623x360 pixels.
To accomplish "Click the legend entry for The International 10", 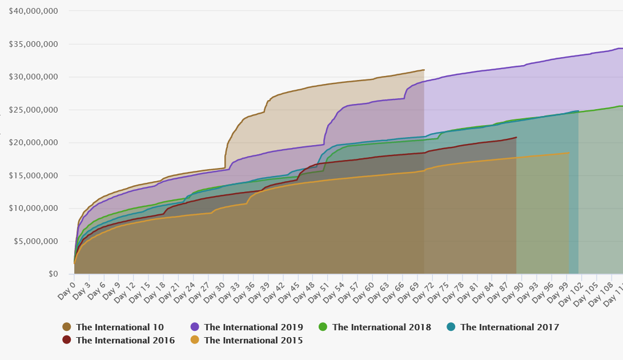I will coord(119,327).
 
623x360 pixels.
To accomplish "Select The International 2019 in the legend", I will coord(253,327).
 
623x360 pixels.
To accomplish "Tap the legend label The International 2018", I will coord(381,327).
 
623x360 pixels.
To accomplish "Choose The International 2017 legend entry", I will coord(509,327).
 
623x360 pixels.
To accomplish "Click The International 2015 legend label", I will coord(253,341).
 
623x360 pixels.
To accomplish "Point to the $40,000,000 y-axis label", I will coord(33,11).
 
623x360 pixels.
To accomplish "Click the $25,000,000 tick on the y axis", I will coord(33,110).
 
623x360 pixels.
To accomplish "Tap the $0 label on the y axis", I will coord(53,274).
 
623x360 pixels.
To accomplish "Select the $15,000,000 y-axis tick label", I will coord(33,175).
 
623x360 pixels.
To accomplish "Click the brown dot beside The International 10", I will coord(67,327).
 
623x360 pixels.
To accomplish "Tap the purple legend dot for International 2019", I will coord(195,327).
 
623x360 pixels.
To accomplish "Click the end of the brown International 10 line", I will coord(424,70).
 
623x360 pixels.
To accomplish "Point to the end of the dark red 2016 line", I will coord(516,137).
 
